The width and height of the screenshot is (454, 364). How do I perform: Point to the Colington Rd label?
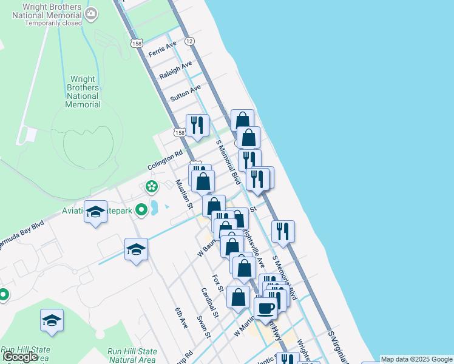[164, 161]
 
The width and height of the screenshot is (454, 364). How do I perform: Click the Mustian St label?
[183, 194]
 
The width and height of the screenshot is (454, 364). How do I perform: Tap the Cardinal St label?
[209, 303]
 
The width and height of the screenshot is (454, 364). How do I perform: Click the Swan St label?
[203, 326]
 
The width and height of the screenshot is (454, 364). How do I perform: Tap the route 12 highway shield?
[191, 41]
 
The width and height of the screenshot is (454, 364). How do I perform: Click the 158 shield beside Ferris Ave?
[136, 43]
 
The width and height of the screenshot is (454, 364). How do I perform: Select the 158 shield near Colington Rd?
[179, 133]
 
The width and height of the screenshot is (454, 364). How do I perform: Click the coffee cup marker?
[265, 308]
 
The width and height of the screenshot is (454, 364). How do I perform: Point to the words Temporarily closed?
[53, 23]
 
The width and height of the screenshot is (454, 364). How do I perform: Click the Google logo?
[21, 357]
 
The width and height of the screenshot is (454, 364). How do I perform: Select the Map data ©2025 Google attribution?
[416, 359]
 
